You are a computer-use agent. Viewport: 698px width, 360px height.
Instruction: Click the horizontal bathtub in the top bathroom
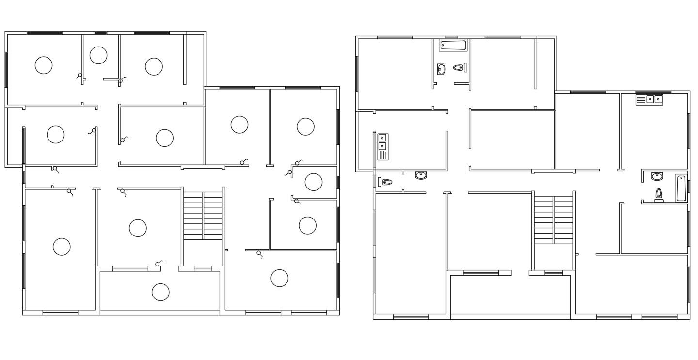(x=453, y=45)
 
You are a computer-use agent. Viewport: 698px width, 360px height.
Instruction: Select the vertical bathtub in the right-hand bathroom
(x=681, y=188)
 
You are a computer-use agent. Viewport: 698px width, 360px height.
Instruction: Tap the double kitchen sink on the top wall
(x=649, y=99)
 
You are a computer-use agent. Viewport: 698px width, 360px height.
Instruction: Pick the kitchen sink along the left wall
(x=382, y=146)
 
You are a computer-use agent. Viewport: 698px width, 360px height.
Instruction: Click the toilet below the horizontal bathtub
(x=458, y=68)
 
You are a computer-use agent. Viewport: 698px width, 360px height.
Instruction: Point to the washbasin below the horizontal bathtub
(x=441, y=69)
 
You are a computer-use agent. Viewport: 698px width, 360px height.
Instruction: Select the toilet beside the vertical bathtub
(x=659, y=194)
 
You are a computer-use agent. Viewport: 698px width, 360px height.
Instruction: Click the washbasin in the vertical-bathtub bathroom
(x=657, y=176)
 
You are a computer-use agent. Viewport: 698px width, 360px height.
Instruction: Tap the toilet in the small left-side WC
(x=386, y=182)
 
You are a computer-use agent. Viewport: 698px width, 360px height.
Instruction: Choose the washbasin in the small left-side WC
(x=421, y=175)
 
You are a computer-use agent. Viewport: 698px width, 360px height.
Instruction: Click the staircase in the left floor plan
(x=203, y=215)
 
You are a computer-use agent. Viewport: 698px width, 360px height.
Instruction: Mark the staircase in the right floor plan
(x=554, y=219)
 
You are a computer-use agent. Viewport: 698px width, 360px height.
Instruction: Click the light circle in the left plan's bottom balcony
(x=160, y=292)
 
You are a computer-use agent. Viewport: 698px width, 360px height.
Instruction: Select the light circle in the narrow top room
(x=98, y=55)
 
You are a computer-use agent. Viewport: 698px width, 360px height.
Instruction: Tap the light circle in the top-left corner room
(x=44, y=65)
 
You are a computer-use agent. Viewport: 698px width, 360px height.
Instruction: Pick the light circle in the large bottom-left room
(x=62, y=247)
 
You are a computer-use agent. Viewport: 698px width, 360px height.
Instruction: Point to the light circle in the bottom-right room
(x=279, y=278)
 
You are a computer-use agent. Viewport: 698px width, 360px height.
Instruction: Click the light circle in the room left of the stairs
(x=138, y=228)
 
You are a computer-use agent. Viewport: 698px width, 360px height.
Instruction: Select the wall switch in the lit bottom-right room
(x=259, y=254)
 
